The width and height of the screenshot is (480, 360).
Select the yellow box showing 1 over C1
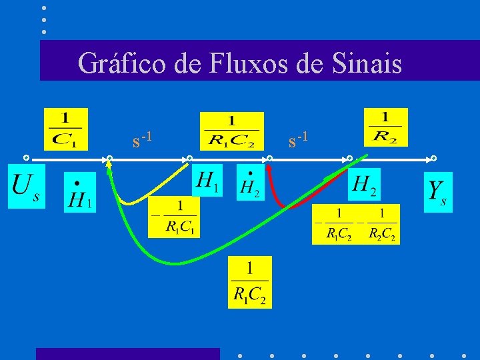(x=65, y=129)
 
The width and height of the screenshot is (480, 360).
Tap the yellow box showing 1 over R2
(x=386, y=127)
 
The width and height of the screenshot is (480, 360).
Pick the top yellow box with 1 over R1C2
(x=231, y=131)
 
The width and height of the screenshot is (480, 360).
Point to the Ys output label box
(x=438, y=192)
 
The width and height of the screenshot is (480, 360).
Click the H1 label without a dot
(x=207, y=180)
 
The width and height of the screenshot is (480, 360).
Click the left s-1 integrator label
(x=143, y=139)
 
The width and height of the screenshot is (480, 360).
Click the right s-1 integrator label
(x=298, y=139)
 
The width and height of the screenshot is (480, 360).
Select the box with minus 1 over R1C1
(x=173, y=217)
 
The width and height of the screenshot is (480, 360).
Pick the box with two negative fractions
(x=356, y=224)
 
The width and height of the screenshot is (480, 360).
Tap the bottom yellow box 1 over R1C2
(x=250, y=282)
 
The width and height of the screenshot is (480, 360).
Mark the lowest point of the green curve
(x=175, y=263)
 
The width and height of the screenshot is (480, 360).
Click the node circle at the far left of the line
(x=25, y=159)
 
